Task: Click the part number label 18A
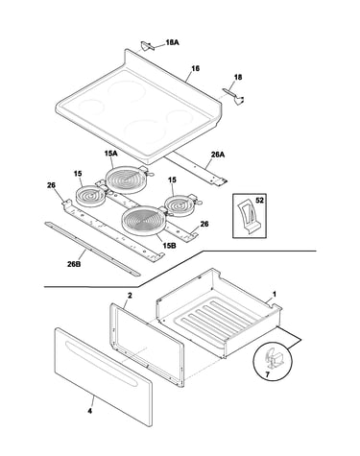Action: click(x=172, y=42)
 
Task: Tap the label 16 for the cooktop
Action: click(x=195, y=68)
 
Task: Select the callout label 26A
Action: click(x=218, y=155)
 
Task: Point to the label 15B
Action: click(x=169, y=246)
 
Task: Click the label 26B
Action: click(x=74, y=264)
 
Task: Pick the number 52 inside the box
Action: click(x=259, y=201)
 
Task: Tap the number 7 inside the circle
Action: click(x=268, y=373)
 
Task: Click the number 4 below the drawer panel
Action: click(x=90, y=411)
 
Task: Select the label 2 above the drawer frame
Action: click(x=130, y=296)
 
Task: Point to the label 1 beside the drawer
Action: click(x=274, y=294)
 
